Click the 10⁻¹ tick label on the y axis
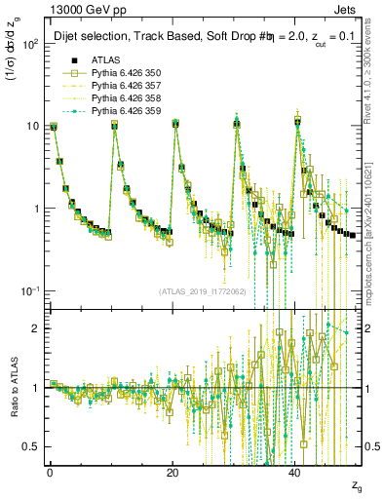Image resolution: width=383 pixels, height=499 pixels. pyautogui.click(x=28, y=291)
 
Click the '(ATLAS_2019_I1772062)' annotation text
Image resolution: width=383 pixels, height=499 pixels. pyautogui.click(x=204, y=291)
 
